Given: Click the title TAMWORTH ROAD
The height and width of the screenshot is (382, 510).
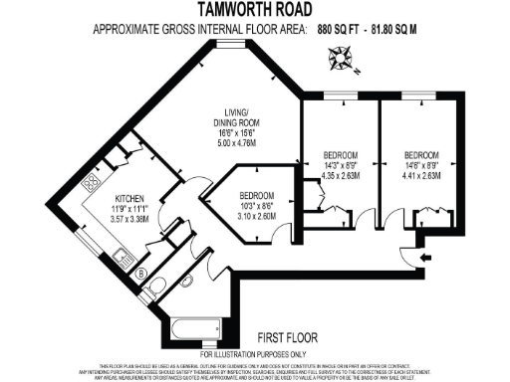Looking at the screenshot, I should click(255, 9).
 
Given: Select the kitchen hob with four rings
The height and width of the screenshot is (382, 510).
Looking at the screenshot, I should click(89, 183).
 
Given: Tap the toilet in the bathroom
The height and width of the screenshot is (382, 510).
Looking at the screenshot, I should click(159, 289).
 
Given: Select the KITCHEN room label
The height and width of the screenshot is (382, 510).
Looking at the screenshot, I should click(132, 198).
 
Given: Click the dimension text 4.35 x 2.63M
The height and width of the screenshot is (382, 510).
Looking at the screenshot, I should click(341, 176).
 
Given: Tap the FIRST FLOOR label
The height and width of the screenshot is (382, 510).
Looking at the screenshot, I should click(285, 338).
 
